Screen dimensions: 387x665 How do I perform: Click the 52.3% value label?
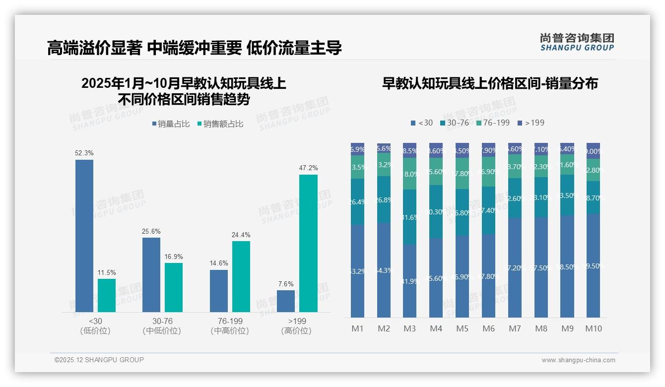click(84, 153)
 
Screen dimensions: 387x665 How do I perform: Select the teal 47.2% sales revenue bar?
click(308, 243)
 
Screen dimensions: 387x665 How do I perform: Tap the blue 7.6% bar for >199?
click(286, 301)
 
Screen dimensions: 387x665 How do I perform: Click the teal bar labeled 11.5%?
click(107, 295)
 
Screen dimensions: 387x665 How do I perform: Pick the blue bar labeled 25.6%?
click(151, 275)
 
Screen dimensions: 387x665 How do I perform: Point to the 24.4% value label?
click(241, 235)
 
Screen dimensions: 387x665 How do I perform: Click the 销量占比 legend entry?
click(170, 124)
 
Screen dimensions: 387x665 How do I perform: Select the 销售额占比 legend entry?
click(220, 124)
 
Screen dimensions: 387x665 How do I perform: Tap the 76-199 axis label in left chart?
click(230, 322)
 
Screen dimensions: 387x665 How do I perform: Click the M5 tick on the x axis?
click(462, 329)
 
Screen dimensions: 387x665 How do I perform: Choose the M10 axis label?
click(593, 329)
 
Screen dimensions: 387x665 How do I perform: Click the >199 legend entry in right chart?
click(531, 123)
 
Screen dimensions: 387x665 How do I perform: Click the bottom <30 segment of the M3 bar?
click(410, 281)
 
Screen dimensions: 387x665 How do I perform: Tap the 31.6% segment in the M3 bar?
click(410, 217)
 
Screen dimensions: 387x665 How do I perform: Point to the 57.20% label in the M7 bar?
click(515, 268)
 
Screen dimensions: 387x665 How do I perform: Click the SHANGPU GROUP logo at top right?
click(577, 42)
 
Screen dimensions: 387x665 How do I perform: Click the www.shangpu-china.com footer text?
click(578, 360)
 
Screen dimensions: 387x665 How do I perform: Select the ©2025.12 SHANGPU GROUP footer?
click(99, 360)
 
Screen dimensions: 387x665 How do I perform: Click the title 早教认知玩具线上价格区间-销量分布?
click(490, 83)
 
